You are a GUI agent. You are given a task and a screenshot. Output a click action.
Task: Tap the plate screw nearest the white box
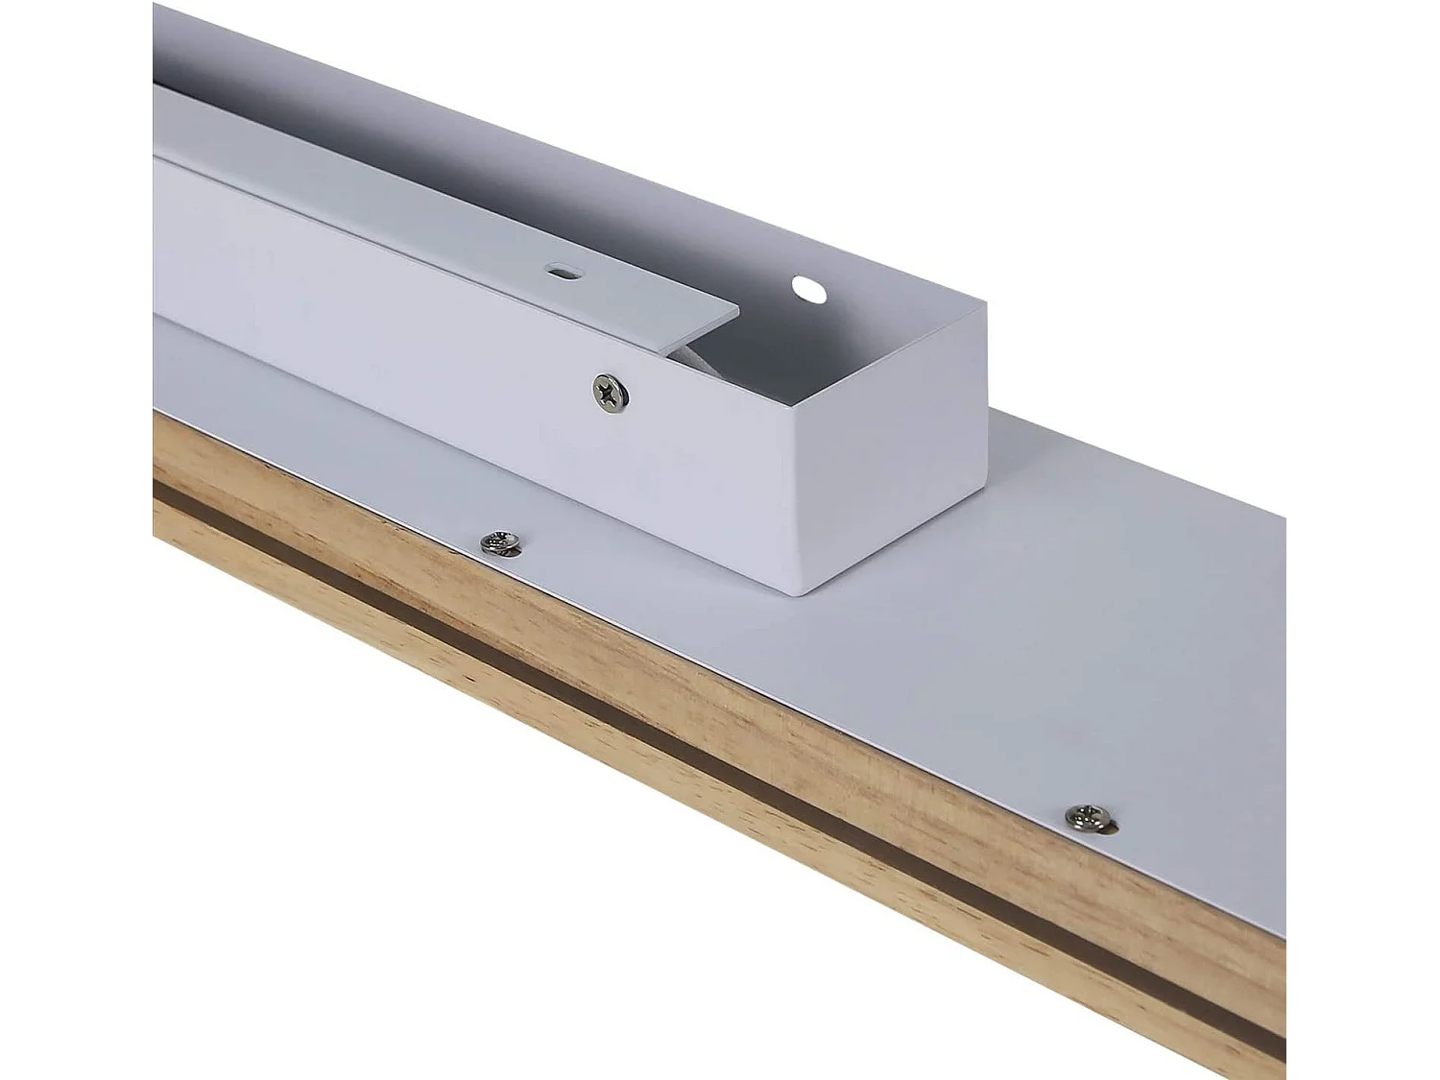[x=499, y=543]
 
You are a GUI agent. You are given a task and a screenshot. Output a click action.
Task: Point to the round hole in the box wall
[x=807, y=288]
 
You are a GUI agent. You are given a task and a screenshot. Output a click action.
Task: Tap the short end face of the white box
[x=893, y=451]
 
